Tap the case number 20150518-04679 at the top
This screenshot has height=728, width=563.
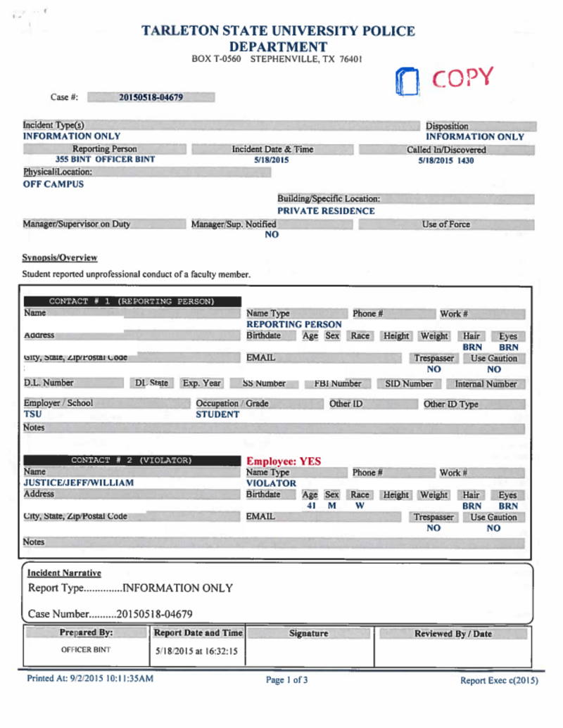pos(151,97)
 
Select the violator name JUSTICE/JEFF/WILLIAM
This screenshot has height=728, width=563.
pos(79,483)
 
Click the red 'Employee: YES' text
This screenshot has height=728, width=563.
pos(284,461)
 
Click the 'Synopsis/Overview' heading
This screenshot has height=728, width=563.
pos(60,258)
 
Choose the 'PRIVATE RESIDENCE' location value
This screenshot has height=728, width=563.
pos(326,210)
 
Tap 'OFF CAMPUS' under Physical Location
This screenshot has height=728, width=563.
pos(53,184)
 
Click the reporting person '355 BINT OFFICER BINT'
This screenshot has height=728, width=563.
pos(105,160)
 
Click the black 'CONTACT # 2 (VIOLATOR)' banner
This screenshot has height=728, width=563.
pos(131,461)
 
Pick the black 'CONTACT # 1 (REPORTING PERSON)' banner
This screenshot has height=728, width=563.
pos(131,302)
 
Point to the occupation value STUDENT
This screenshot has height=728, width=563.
pos(217,414)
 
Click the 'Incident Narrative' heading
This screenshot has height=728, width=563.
pos(64,573)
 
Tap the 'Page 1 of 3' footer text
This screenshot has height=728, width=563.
pos(286,680)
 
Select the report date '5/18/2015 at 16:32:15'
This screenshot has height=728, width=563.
pos(196,651)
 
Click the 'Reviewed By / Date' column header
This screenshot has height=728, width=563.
pos(453,634)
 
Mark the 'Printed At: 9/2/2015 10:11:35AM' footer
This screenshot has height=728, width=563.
pos(90,679)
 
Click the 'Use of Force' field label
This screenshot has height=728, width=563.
pos(446,224)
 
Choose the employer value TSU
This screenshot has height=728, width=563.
pos(32,414)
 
